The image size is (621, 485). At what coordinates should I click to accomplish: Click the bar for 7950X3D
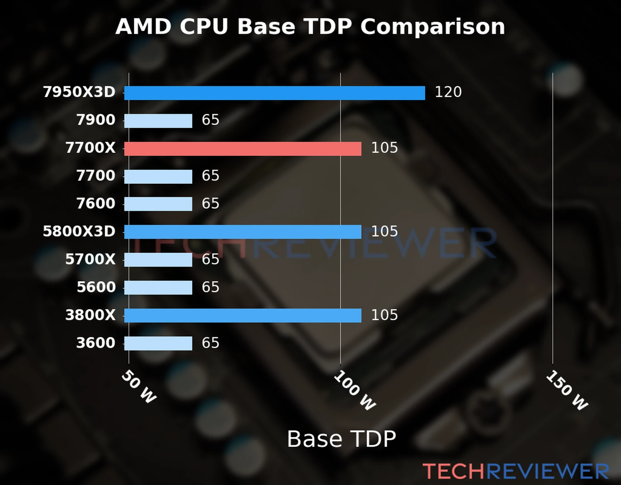point(275,93)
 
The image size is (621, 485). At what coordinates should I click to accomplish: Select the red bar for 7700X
point(243,149)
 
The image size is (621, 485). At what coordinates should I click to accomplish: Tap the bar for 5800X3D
point(243,232)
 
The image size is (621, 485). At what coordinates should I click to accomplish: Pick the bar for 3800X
point(243,316)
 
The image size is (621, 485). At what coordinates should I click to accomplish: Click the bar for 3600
point(158,344)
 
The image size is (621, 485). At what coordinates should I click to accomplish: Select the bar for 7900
point(158,121)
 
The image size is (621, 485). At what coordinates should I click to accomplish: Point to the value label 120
point(448,92)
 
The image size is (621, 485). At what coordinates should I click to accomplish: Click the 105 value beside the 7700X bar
point(384,148)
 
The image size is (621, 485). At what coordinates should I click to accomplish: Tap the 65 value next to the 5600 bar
point(210,287)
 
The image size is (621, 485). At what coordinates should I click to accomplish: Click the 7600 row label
point(96,203)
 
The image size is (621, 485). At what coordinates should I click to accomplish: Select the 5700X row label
point(90,259)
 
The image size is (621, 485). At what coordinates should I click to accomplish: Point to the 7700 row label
point(96,176)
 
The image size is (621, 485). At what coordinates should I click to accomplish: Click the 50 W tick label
point(139,387)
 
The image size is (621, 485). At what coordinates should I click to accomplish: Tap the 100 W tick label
point(355,390)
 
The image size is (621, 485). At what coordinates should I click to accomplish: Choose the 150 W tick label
point(566,390)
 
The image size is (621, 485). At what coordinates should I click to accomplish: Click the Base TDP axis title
point(341,439)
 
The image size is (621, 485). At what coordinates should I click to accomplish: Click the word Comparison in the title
point(433,27)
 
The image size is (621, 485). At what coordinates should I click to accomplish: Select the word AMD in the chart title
point(144,27)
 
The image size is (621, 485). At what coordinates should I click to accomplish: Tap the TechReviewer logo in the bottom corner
point(515,471)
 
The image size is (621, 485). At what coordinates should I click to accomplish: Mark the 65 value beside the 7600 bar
point(210,204)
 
